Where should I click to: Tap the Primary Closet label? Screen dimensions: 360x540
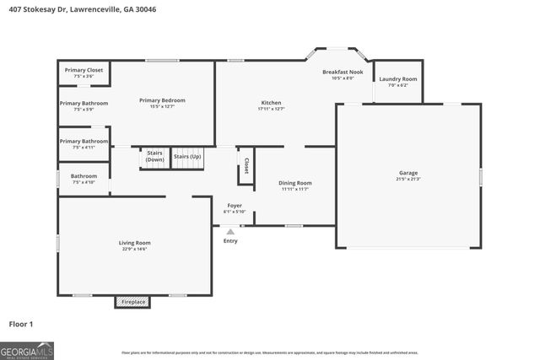84,70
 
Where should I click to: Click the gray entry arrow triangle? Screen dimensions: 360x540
230,231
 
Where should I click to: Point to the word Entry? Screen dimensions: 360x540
230,241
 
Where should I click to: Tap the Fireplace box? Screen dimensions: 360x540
133,301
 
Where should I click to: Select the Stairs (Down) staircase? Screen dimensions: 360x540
154,157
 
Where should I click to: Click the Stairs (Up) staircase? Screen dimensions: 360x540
187,157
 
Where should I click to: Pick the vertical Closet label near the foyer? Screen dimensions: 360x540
246,165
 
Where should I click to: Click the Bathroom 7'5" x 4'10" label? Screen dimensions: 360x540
84,179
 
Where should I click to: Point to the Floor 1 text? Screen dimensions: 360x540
21,324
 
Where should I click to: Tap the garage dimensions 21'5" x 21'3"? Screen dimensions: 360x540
408,179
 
